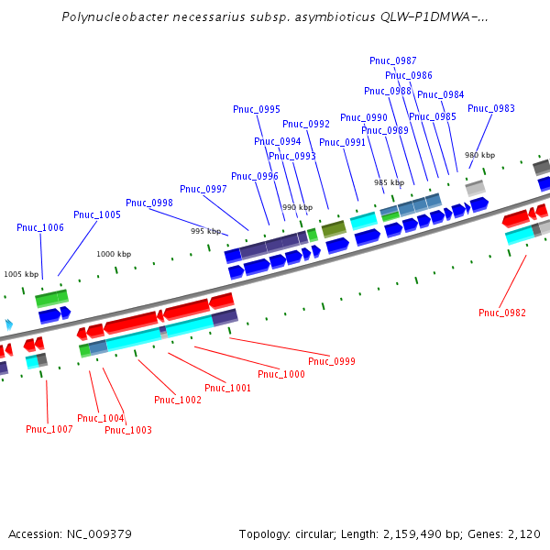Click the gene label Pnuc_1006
40,227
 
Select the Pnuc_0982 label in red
502,313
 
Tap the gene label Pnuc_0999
332,361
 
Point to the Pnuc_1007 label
49,429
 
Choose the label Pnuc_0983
491,108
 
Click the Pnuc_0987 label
393,60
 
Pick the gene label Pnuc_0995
257,109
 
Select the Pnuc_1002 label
178,400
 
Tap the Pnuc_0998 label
149,203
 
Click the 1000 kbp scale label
114,254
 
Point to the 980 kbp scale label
479,155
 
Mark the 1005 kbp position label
22,274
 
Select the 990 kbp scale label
297,207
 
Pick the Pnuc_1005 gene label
97,214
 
